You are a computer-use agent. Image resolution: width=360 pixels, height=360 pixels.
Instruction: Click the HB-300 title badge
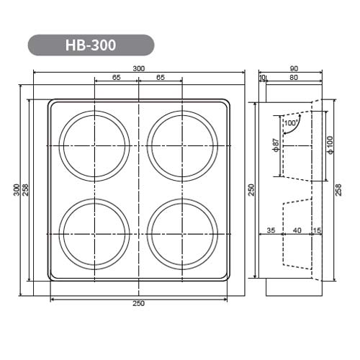pyautogui.click(x=91, y=45)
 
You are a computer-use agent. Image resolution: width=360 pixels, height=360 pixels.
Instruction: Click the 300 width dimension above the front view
pyautogui.click(x=139, y=68)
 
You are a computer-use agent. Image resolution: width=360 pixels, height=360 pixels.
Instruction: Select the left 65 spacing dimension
pyautogui.click(x=117, y=77)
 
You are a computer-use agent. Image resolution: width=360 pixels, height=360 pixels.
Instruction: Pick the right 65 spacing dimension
pyautogui.click(x=161, y=77)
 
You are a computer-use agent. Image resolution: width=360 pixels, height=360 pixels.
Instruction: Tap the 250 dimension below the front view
pyautogui.click(x=139, y=303)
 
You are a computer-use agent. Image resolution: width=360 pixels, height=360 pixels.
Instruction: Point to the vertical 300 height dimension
pyautogui.click(x=17, y=190)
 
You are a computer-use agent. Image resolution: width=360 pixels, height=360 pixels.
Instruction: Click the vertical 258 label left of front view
pyautogui.click(x=25, y=190)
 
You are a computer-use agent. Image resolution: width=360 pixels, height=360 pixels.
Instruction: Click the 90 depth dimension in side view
pyautogui.click(x=294, y=68)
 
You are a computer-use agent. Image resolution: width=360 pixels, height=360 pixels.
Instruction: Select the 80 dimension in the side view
pyautogui.click(x=294, y=77)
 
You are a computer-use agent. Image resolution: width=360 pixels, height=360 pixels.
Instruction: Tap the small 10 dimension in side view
pyautogui.click(x=262, y=77)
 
